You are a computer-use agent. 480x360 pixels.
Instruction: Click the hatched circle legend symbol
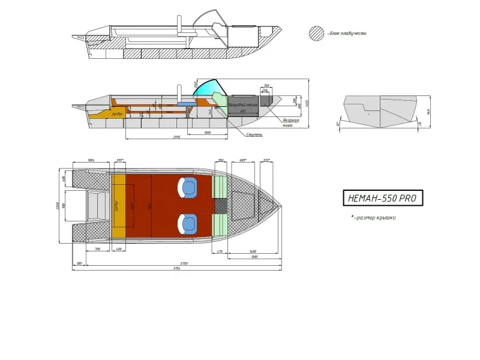[316, 33]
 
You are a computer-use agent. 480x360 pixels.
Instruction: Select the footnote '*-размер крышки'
[373, 218]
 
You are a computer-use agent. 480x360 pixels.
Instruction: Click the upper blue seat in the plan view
[188, 187]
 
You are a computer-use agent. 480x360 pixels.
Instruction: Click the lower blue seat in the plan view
[188, 224]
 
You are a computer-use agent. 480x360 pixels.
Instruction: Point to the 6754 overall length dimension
[177, 269]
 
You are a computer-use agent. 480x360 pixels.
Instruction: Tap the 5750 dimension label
[184, 263]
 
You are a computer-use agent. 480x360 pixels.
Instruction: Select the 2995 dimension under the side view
[176, 137]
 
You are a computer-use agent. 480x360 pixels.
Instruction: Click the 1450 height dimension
[307, 103]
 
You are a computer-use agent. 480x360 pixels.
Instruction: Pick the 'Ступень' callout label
[254, 135]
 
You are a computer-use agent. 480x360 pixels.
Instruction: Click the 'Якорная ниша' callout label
[292, 122]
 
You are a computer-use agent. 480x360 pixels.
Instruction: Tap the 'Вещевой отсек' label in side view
[243, 105]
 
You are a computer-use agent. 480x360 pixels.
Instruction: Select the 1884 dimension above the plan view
[91, 160]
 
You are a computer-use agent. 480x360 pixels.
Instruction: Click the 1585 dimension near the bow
[254, 257]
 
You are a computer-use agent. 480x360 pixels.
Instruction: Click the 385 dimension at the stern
[79, 263]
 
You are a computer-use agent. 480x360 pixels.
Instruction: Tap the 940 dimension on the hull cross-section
[428, 110]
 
